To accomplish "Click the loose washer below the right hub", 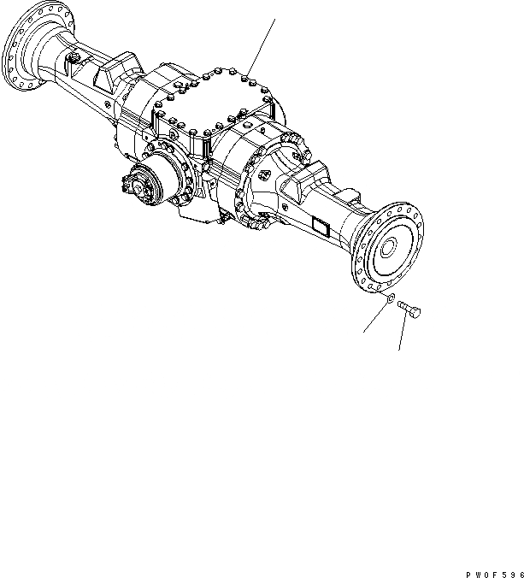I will coord(390,299).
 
